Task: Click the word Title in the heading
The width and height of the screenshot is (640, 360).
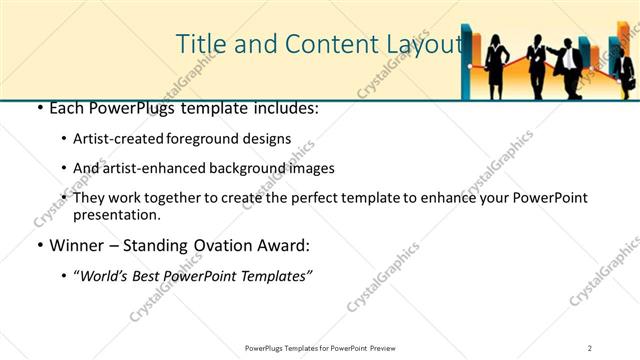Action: click(198, 44)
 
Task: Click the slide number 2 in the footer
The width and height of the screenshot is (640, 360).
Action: click(590, 347)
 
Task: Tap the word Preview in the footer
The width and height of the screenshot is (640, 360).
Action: click(388, 347)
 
